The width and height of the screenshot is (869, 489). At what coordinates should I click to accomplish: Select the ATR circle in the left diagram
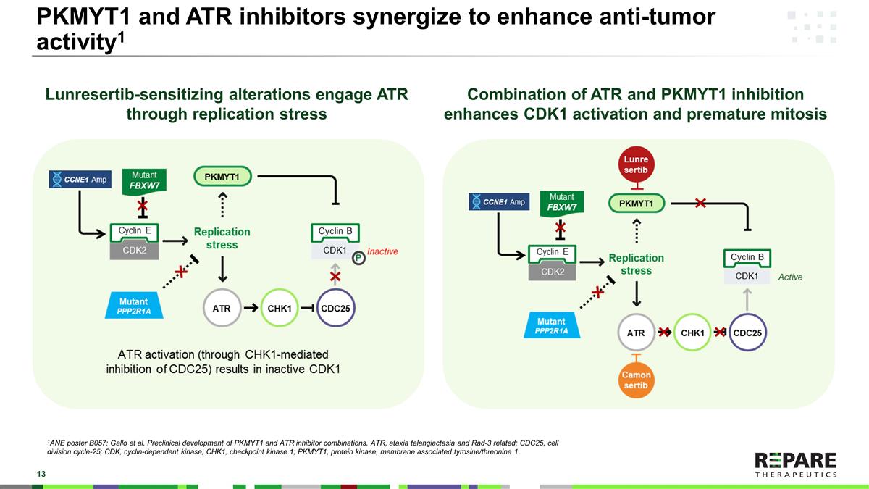click(222, 308)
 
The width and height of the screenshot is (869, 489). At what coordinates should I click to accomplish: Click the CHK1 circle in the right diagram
click(693, 333)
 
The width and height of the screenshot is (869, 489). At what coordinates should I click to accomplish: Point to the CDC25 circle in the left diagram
click(335, 308)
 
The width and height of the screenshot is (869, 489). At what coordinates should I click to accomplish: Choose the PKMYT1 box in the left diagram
click(222, 176)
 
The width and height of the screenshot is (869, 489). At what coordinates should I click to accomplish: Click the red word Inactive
click(383, 251)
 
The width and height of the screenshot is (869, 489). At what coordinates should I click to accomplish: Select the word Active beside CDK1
click(790, 277)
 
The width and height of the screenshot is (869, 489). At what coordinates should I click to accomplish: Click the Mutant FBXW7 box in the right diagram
click(563, 201)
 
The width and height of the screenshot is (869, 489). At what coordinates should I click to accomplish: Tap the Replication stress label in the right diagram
click(636, 264)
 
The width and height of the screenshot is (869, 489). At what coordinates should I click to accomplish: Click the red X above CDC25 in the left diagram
click(335, 277)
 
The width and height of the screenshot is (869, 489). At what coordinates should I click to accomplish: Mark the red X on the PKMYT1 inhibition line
click(700, 204)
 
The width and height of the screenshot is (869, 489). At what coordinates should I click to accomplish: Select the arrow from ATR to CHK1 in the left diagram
click(251, 308)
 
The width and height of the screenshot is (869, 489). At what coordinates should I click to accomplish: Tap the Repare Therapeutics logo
click(795, 464)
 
